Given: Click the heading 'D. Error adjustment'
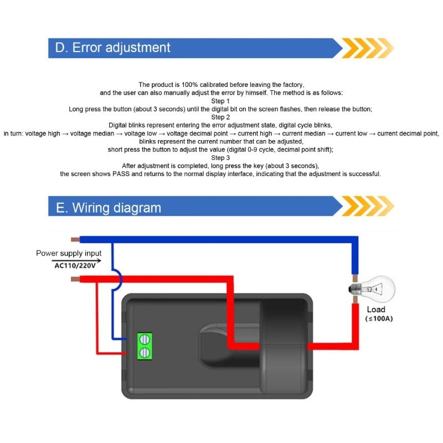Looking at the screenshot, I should click(x=113, y=48).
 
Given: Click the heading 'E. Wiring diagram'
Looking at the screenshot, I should click(x=109, y=208).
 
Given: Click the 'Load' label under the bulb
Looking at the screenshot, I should click(x=375, y=310).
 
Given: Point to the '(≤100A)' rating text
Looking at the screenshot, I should click(x=379, y=320).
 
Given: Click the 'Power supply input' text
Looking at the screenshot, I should click(x=69, y=254).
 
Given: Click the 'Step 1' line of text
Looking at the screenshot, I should click(x=221, y=101).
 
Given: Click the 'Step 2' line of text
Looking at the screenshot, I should click(x=221, y=117).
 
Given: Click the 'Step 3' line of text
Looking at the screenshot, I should click(x=221, y=158).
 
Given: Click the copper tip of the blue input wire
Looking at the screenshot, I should click(x=76, y=240).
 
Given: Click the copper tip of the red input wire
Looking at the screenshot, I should click(x=76, y=279).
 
